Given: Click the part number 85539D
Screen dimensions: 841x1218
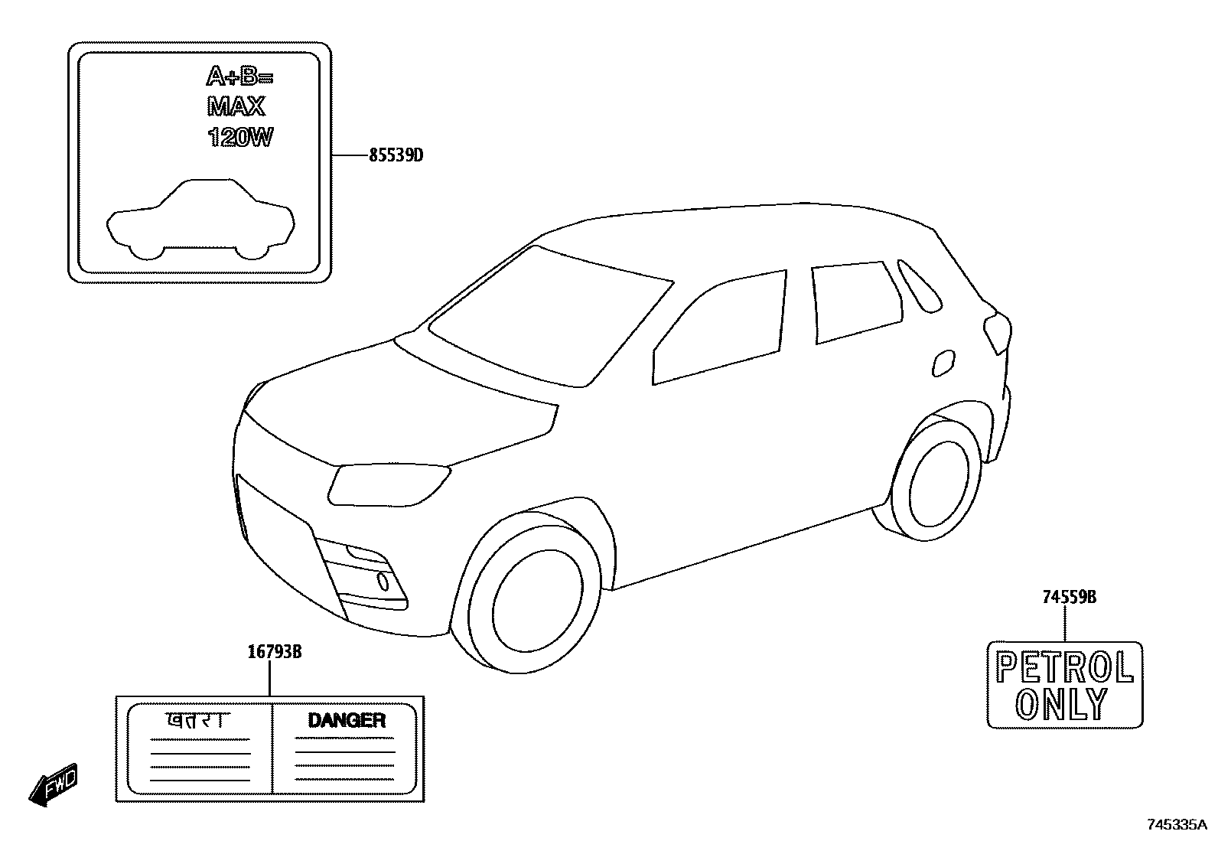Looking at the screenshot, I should click(396, 155).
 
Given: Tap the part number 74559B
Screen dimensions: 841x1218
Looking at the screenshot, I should click(1069, 597).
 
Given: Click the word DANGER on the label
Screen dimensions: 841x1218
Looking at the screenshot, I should click(346, 720).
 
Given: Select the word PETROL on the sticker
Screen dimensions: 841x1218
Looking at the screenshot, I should click(1064, 668).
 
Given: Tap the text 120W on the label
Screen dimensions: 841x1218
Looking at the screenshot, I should click(239, 138).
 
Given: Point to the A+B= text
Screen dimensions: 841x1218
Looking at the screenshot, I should click(239, 77).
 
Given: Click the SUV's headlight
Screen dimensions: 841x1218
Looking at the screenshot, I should click(389, 484).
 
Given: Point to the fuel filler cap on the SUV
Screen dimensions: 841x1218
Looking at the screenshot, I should click(944, 363).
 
